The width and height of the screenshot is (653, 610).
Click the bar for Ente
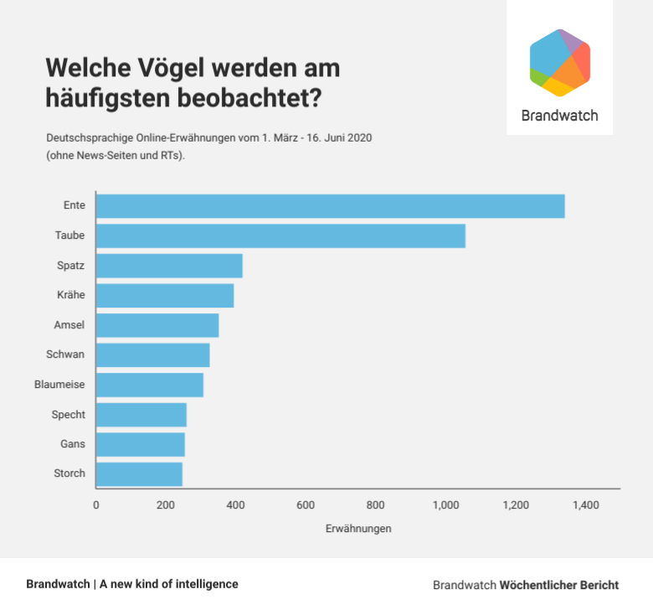[330, 206]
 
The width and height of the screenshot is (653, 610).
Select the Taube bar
[280, 236]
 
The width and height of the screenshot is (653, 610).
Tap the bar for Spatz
[169, 266]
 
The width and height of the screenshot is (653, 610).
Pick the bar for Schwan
[153, 355]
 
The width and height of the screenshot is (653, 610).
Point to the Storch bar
[139, 473]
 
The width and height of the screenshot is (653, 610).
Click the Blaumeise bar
[150, 385]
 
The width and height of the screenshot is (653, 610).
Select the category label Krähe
[71, 296]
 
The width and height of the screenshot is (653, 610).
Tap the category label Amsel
[69, 325]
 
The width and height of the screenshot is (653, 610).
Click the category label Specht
[69, 415]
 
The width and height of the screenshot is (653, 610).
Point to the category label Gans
[73, 444]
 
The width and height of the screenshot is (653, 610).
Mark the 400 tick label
[235, 505]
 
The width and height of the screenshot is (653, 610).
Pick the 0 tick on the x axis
[96, 505]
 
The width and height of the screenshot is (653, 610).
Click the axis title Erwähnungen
[357, 530]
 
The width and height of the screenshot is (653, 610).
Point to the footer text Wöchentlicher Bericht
[559, 585]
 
